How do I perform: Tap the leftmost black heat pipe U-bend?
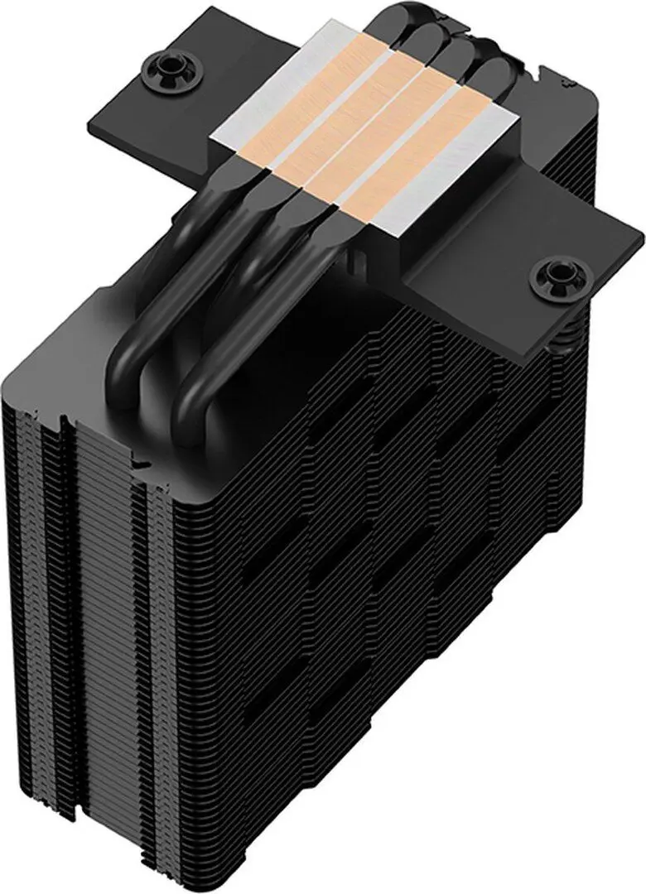(145, 348)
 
